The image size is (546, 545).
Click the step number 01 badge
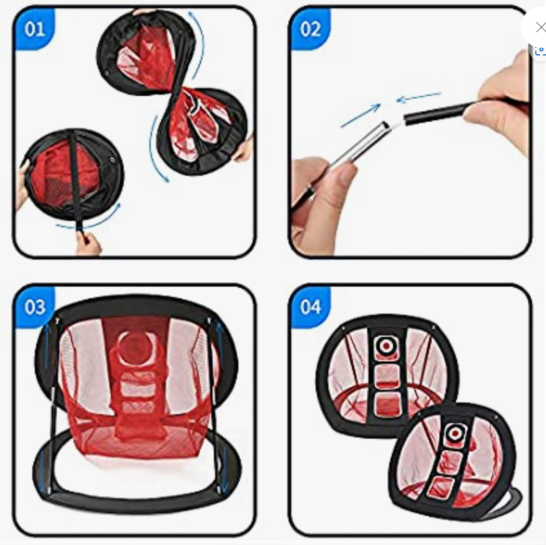click(x=34, y=29)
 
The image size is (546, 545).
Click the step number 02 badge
click(x=310, y=29)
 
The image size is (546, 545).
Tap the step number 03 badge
click(x=34, y=307)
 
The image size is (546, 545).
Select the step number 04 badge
click(x=310, y=307)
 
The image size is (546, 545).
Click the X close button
click(x=541, y=27)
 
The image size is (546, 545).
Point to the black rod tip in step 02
click(x=406, y=119)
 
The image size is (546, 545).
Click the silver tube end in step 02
click(x=385, y=125)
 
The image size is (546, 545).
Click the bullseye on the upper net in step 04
click(x=386, y=346)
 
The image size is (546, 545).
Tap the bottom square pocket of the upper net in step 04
click(x=386, y=404)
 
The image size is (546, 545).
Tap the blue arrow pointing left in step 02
click(x=419, y=97)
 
